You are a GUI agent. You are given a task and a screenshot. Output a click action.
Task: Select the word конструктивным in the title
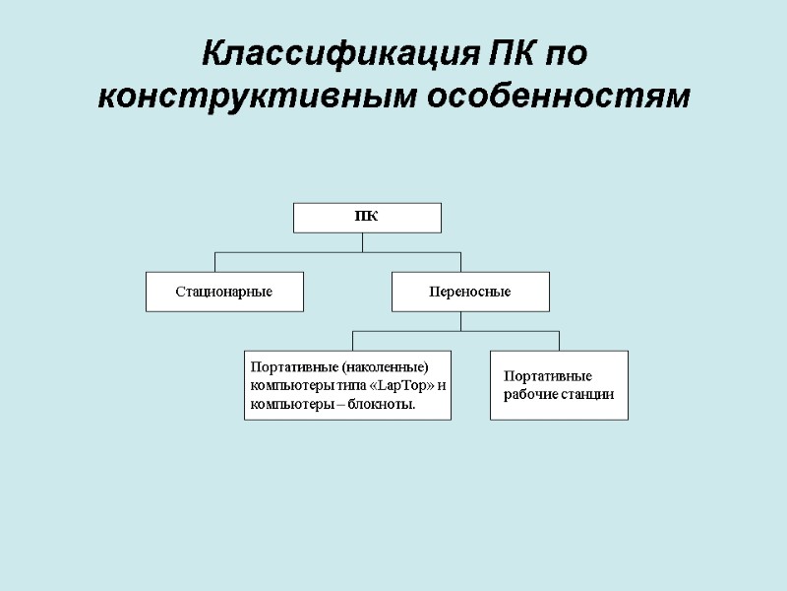pos(259,98)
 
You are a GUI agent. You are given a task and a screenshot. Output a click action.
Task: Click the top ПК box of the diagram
pos(367,218)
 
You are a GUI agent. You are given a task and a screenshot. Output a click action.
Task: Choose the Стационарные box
pos(224,292)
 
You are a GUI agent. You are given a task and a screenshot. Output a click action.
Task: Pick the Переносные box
pos(470,292)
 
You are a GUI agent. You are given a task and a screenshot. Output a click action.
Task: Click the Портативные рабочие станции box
pos(559,385)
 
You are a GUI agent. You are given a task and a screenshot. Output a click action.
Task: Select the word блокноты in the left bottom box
pos(384,404)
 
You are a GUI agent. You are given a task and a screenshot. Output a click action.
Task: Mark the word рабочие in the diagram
pos(530,394)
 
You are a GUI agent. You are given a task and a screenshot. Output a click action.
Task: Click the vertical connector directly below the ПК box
pos(362,242)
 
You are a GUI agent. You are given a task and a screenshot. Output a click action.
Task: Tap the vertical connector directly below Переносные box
pos(460,321)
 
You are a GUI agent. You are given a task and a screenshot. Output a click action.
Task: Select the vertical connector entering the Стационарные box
pos(215,262)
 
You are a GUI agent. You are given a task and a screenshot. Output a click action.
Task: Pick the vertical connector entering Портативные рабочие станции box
pos(559,341)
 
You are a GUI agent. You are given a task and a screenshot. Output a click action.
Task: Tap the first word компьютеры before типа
pos(284,385)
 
